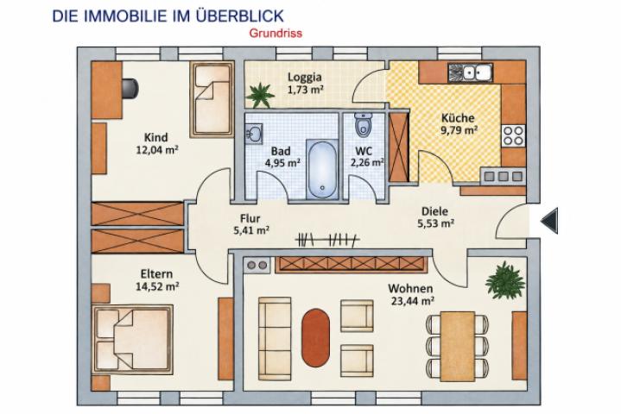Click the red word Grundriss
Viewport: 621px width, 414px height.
tap(276, 34)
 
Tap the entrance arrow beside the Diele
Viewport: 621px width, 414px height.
tap(549, 221)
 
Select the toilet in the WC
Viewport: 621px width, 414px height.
tap(363, 124)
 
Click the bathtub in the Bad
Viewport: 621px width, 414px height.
tap(322, 169)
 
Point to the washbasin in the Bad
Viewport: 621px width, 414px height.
tap(253, 134)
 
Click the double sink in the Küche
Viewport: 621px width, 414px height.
tap(470, 72)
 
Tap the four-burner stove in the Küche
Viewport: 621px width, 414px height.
tap(514, 136)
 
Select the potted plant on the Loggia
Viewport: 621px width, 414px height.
tap(260, 95)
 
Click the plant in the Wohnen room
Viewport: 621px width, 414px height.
tap(505, 280)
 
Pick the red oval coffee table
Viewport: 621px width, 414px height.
tap(315, 337)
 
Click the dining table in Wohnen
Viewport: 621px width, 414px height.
tap(458, 346)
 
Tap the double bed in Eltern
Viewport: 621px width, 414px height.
tap(133, 339)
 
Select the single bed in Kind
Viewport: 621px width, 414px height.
tap(212, 99)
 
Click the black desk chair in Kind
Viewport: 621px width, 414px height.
tap(130, 89)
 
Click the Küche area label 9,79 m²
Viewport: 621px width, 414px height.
tap(459, 130)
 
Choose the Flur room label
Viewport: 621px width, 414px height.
tap(250, 218)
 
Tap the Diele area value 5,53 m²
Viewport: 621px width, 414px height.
tap(435, 223)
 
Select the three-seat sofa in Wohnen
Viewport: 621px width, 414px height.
tap(275, 339)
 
